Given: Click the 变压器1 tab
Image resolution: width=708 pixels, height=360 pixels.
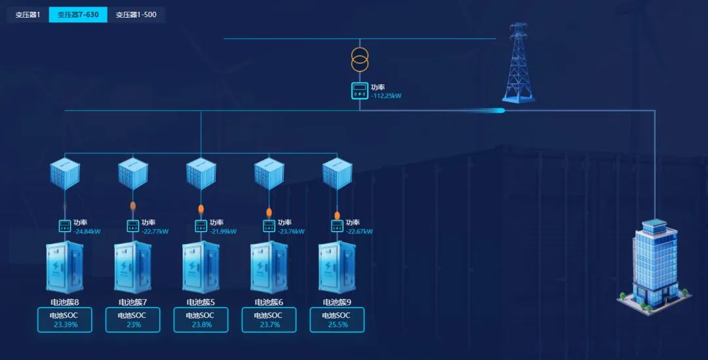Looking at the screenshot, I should (x=28, y=14).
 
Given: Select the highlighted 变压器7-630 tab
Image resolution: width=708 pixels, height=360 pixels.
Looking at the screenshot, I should (x=78, y=14).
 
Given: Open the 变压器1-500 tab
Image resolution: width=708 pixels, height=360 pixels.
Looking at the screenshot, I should (x=136, y=14).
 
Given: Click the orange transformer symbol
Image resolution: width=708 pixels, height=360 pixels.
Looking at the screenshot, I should (x=360, y=59).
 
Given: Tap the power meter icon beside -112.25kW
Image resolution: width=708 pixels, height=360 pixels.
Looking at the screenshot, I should (x=360, y=91).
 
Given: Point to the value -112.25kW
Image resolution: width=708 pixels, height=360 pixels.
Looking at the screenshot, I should (x=386, y=96).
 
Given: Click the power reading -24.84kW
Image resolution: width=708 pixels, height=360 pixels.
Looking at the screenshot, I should (x=87, y=231).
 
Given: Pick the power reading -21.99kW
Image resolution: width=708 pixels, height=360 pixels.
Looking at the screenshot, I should (x=223, y=231).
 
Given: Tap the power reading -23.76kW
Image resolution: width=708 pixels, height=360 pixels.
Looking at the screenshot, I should (x=291, y=231).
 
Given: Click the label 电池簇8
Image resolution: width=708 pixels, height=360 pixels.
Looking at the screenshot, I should (x=64, y=302).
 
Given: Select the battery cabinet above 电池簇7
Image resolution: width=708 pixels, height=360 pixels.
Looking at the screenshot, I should (x=132, y=267).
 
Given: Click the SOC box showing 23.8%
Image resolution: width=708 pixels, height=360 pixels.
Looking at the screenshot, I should (x=201, y=319).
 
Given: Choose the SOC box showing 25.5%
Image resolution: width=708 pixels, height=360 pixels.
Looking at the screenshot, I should (x=337, y=319).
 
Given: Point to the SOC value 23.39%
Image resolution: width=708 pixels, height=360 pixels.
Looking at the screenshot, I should (x=66, y=324).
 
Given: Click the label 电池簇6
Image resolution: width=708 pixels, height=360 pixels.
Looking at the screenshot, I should (x=269, y=302).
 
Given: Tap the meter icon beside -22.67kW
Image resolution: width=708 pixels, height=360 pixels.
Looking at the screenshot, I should (x=337, y=226).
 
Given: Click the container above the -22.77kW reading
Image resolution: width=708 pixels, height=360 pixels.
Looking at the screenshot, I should (x=132, y=174).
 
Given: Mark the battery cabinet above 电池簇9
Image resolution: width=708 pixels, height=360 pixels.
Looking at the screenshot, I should (x=337, y=267).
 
